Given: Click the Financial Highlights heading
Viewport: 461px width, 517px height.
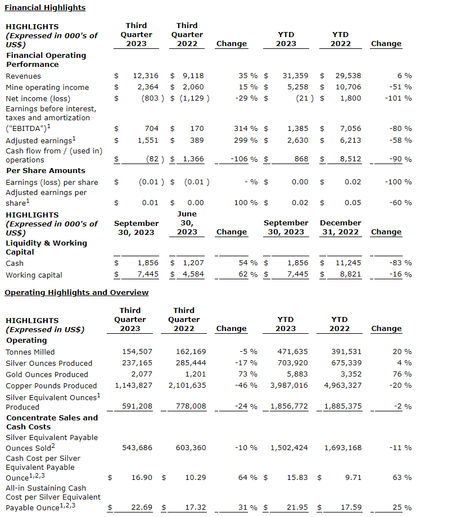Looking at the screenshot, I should coord(45,8).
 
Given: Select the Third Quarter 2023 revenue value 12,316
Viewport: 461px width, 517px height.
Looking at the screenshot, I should coord(146,76).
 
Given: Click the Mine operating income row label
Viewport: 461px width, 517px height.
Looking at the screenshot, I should coord(47,87).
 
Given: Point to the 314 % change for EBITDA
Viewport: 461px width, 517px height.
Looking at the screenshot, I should coord(246,129).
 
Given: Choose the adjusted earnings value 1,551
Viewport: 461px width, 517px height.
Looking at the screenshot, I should coord(148,140).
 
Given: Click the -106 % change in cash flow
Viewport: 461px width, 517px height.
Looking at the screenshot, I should coord(244,159).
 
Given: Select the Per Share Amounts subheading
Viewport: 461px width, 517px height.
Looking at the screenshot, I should coord(46,170).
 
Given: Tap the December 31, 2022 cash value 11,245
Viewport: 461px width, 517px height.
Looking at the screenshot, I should coord(349,262).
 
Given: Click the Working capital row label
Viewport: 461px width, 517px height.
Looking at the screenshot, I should coord(34,275).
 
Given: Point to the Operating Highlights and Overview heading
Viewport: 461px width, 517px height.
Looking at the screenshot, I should coord(76,292).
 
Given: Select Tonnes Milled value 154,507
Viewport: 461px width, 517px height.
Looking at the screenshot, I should coord(137,352).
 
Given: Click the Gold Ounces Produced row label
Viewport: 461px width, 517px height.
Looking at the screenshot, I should coord(47,374).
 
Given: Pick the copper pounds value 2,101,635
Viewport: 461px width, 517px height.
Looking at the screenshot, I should coord(187,386).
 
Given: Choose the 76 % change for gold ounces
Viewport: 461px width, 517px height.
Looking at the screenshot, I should coord(402,374).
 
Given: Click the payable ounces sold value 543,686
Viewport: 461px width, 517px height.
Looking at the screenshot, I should coord(137,448).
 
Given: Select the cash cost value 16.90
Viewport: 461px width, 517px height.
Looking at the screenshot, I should coord(143,478).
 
